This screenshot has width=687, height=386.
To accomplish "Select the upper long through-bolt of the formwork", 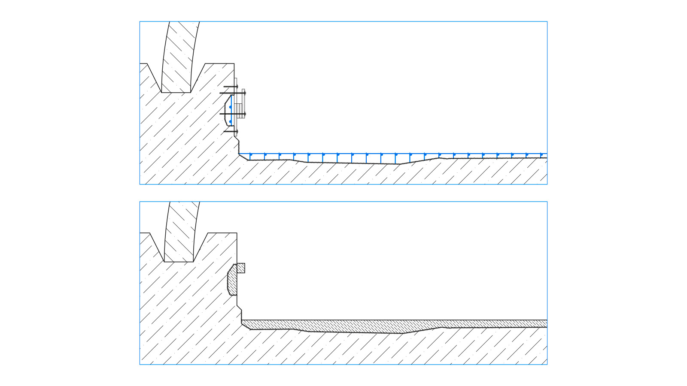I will [232, 93].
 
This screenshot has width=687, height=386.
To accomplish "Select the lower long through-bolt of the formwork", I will [232, 114].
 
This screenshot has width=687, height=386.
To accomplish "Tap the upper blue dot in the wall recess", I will [230, 107].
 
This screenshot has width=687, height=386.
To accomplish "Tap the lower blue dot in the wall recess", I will [230, 121].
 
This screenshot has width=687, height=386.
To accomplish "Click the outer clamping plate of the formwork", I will [243, 103].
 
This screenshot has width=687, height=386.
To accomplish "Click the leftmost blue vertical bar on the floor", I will [250, 157].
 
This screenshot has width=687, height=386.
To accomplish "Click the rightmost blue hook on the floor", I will [541, 155].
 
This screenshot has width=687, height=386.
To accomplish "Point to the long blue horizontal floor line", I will [386, 154].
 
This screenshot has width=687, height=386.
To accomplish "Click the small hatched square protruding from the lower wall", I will [241, 268].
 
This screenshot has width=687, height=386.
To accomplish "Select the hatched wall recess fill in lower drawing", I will [232, 281].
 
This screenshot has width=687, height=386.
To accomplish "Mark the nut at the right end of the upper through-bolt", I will [245, 93].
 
